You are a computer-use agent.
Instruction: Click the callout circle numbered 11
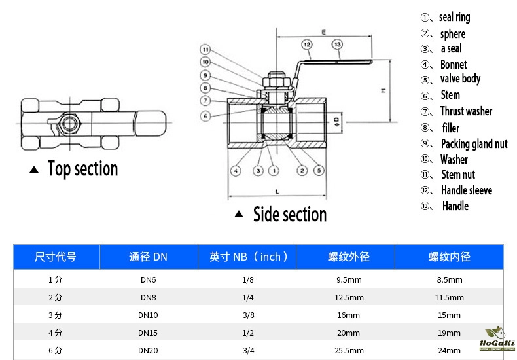click(x=205, y=50)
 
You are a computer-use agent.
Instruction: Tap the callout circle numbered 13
click(x=337, y=45)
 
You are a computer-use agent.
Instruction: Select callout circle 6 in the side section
click(x=205, y=117)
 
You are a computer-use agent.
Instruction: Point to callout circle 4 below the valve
click(x=236, y=171)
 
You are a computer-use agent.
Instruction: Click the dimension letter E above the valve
click(x=324, y=32)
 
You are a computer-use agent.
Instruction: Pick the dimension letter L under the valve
click(x=277, y=192)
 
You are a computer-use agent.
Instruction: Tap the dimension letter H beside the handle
click(x=384, y=91)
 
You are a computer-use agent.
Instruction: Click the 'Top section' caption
click(x=82, y=170)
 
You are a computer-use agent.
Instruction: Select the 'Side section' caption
click(x=289, y=215)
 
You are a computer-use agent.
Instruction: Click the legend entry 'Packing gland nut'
click(x=474, y=143)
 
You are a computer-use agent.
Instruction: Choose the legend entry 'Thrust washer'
click(x=466, y=111)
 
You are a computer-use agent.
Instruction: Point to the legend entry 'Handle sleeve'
click(x=466, y=190)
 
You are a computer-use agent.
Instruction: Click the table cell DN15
click(x=148, y=333)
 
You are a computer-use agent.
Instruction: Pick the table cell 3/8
click(x=248, y=315)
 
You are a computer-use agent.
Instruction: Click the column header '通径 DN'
click(x=148, y=257)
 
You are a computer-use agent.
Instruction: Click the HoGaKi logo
click(x=498, y=340)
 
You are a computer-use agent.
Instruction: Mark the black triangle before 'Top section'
click(x=35, y=170)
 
